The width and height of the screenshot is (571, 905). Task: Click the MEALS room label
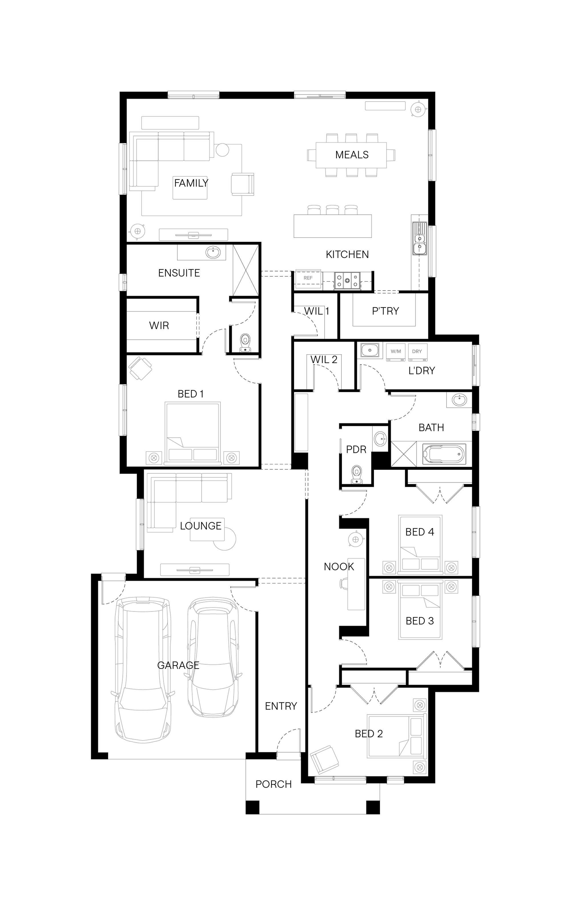click(351, 154)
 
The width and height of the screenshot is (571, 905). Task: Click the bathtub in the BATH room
click(444, 454)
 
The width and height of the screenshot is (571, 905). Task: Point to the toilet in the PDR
click(356, 474)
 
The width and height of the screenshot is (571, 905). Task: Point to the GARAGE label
click(178, 665)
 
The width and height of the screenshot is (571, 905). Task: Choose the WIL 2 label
click(324, 359)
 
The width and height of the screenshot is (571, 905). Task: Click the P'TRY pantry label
click(385, 311)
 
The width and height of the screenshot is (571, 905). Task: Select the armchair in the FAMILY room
click(242, 184)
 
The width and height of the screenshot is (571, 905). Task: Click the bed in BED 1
click(192, 433)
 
